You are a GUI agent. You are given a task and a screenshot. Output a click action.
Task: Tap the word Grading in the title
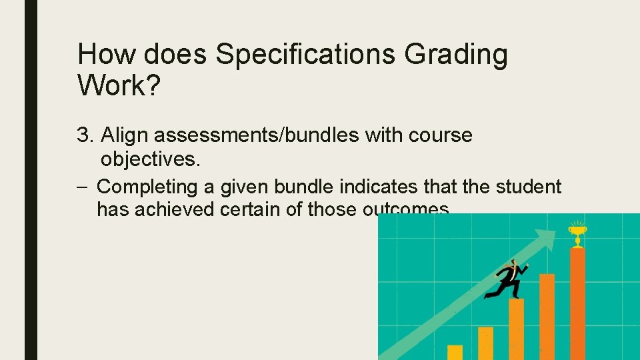coord(457,55)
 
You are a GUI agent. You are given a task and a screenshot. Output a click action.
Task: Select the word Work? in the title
coord(119,85)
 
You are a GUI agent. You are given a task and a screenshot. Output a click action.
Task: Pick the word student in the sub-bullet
coord(529,187)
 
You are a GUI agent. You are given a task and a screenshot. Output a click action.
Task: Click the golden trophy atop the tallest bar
coord(576,234)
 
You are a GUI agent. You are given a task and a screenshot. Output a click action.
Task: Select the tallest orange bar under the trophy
coord(577,303)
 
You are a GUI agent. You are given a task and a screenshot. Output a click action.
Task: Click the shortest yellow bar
coord(455,352)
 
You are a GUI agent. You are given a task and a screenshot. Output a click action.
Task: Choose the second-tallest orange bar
coord(547,316)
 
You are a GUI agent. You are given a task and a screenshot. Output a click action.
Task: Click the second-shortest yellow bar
coord(485,343)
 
